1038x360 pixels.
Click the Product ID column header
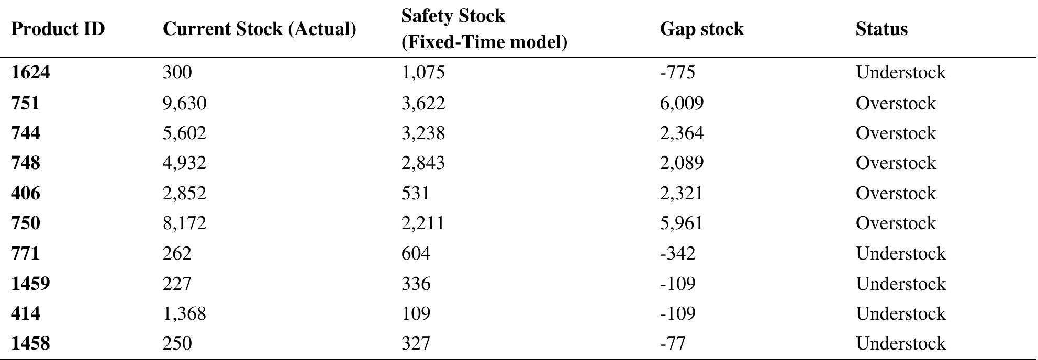(x=58, y=29)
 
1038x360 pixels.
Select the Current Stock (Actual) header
(x=259, y=29)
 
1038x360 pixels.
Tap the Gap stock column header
(x=701, y=29)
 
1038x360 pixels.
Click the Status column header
(x=881, y=29)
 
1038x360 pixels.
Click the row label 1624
(x=30, y=72)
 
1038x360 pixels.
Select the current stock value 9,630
(x=184, y=103)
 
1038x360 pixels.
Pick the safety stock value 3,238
(x=422, y=133)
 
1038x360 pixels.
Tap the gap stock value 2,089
(x=682, y=163)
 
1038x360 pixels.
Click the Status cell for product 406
(x=896, y=193)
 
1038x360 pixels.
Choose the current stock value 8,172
(x=184, y=223)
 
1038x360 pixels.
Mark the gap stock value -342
(x=677, y=253)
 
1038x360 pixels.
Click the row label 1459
(x=30, y=284)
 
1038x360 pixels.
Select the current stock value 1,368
(x=184, y=313)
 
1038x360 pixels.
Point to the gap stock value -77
(x=672, y=344)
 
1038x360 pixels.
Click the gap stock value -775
(x=677, y=72)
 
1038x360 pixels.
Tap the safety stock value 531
(x=415, y=193)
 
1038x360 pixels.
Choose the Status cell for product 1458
(x=900, y=344)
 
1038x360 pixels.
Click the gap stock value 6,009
(x=682, y=103)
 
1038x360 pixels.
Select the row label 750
(x=25, y=223)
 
